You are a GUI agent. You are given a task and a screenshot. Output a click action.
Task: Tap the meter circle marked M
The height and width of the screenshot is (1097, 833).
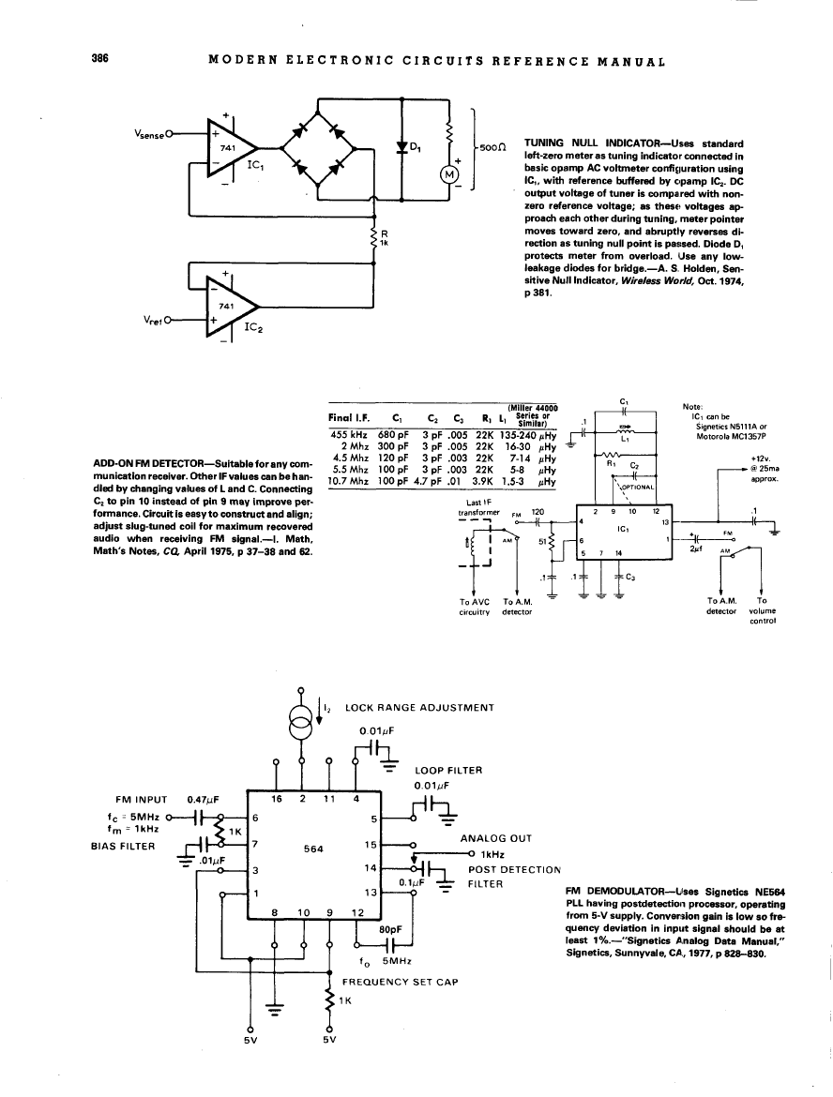point(449,175)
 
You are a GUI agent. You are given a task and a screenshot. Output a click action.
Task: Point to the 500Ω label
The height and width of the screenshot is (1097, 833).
point(493,147)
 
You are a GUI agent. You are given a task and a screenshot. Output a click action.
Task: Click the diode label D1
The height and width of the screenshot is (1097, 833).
point(415,147)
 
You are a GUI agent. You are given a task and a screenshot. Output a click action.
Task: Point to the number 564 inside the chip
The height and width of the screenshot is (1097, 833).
point(314,850)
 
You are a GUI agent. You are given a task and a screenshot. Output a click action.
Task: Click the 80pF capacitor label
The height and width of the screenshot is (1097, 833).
point(390,928)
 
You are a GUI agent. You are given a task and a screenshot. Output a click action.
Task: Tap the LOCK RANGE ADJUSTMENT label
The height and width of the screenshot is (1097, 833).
point(419,707)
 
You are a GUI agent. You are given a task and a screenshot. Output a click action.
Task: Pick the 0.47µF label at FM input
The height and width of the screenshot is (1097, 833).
point(203,800)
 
